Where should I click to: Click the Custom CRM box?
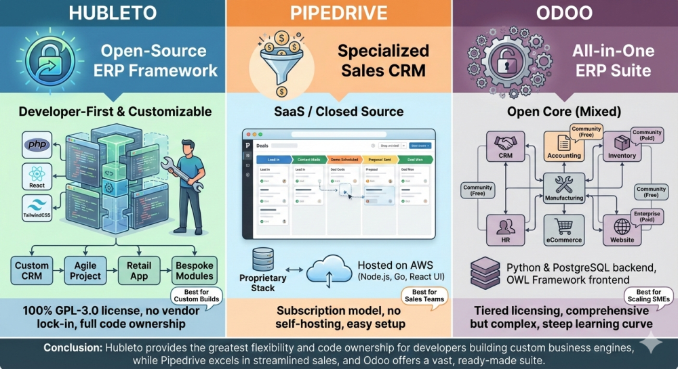coord(32,270)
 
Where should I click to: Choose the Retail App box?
coord(138,270)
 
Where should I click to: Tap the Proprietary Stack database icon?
coord(262,261)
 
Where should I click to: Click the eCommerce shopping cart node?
coord(564,230)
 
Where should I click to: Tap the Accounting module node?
coord(564,146)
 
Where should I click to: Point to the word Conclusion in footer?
coord(73,348)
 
